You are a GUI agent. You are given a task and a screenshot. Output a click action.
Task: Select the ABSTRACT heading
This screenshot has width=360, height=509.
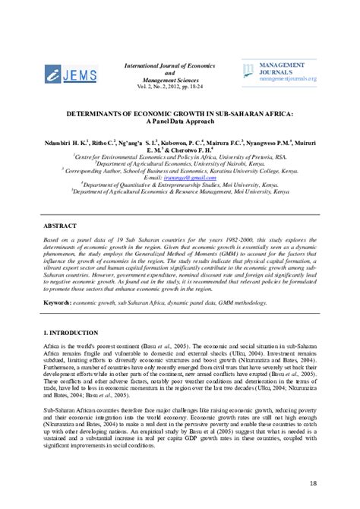pyautogui.click(x=60, y=227)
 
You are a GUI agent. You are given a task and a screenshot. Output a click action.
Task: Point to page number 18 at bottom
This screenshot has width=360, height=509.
pyautogui.click(x=313, y=484)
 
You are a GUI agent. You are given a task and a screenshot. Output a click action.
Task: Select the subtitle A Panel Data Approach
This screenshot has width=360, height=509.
pyautogui.click(x=178, y=121)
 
